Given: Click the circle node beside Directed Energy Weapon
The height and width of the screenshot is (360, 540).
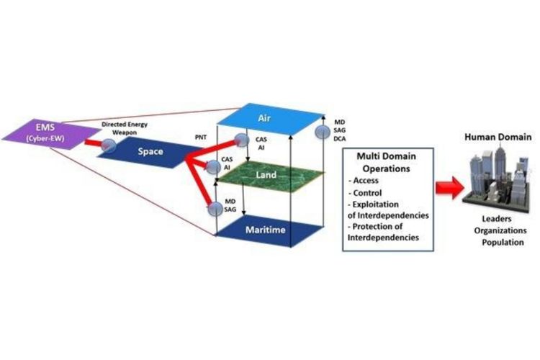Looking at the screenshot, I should pos(109,145).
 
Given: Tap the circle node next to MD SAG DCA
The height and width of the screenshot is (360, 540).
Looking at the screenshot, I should pos(322,132).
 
